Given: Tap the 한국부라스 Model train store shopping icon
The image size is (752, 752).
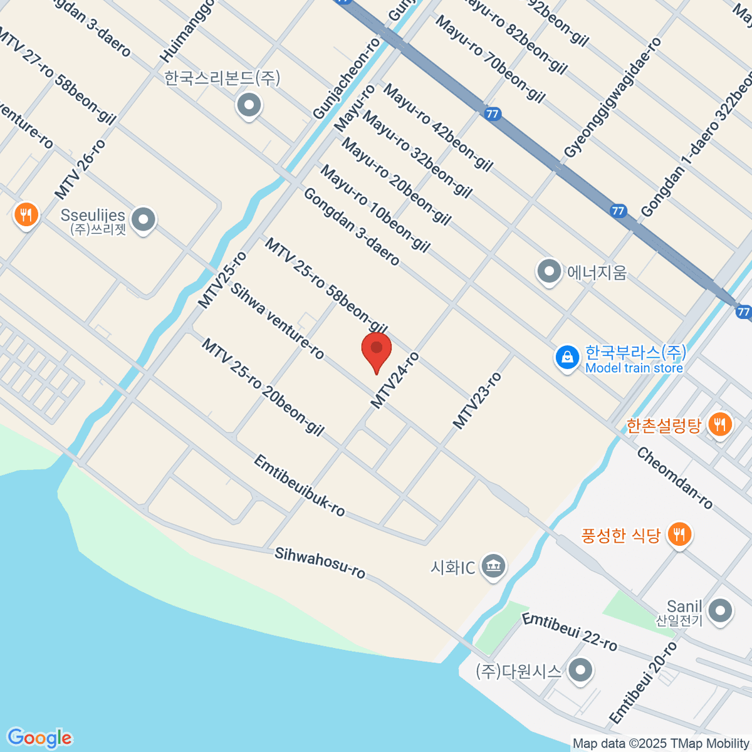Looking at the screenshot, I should tap(567, 358).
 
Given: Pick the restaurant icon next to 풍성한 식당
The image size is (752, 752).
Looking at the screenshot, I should tap(679, 534).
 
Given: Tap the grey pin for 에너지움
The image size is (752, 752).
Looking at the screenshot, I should tap(549, 272).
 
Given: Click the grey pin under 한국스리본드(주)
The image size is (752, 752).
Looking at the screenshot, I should tap(249, 105).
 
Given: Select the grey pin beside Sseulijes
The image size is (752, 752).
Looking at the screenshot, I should tap(144, 220).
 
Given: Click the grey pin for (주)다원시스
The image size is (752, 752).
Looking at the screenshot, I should tap(580, 670).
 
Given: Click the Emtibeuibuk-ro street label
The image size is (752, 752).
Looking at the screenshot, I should tap(299, 486).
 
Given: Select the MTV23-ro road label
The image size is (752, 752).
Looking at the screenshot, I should tap(477, 401).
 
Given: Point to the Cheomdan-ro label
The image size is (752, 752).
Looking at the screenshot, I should tap(674, 478).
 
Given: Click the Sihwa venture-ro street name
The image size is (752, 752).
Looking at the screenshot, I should tap(277, 321).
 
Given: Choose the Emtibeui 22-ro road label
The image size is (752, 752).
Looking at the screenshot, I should tap(569, 632).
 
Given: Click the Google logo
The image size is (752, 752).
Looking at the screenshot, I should tap(39, 738).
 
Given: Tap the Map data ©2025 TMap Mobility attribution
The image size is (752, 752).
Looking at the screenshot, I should tap(661, 744).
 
